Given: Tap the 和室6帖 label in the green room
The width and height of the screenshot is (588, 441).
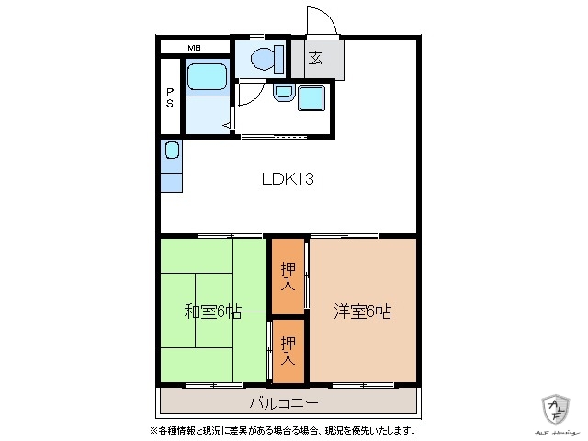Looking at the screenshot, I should [212, 311].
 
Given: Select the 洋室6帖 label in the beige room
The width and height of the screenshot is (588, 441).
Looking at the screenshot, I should [362, 311].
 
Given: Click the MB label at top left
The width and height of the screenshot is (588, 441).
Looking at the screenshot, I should [194, 48].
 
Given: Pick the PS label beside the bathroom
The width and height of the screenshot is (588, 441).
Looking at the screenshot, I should [171, 96].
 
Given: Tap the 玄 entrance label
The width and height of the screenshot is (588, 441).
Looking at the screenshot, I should [315, 59].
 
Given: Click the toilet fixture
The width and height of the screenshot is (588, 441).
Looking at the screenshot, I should [264, 59].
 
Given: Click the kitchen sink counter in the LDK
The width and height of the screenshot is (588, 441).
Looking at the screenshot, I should [171, 165].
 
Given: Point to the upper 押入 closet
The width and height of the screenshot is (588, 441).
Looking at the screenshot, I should [288, 276].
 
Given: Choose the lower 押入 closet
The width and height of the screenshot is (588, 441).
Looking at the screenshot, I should [288, 350].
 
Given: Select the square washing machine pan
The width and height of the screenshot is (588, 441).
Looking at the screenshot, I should [311, 97].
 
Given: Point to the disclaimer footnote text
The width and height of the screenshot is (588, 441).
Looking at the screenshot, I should [282, 429].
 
